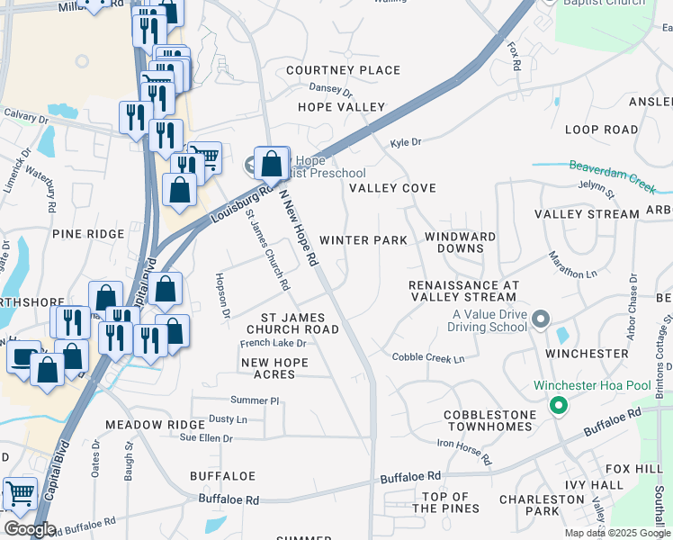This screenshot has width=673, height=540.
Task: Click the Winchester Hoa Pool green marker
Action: click(x=558, y=406)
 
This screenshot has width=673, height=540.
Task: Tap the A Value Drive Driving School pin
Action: click(x=541, y=319)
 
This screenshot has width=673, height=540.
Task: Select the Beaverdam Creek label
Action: click(x=613, y=173)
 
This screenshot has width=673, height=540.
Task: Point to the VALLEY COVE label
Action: click(x=392, y=188)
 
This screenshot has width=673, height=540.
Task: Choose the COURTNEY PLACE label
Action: click(x=343, y=70)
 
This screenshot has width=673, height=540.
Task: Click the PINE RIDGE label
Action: click(x=87, y=234)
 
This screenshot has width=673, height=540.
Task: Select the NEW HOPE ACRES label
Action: click(x=274, y=368)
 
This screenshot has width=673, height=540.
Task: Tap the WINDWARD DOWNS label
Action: click(x=460, y=242)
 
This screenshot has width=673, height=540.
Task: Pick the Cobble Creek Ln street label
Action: click(x=427, y=358)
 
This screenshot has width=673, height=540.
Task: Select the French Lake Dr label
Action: click(x=274, y=343)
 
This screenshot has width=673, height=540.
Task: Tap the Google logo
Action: click(x=30, y=529)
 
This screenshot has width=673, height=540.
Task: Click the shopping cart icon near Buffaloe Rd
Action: click(x=20, y=494)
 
